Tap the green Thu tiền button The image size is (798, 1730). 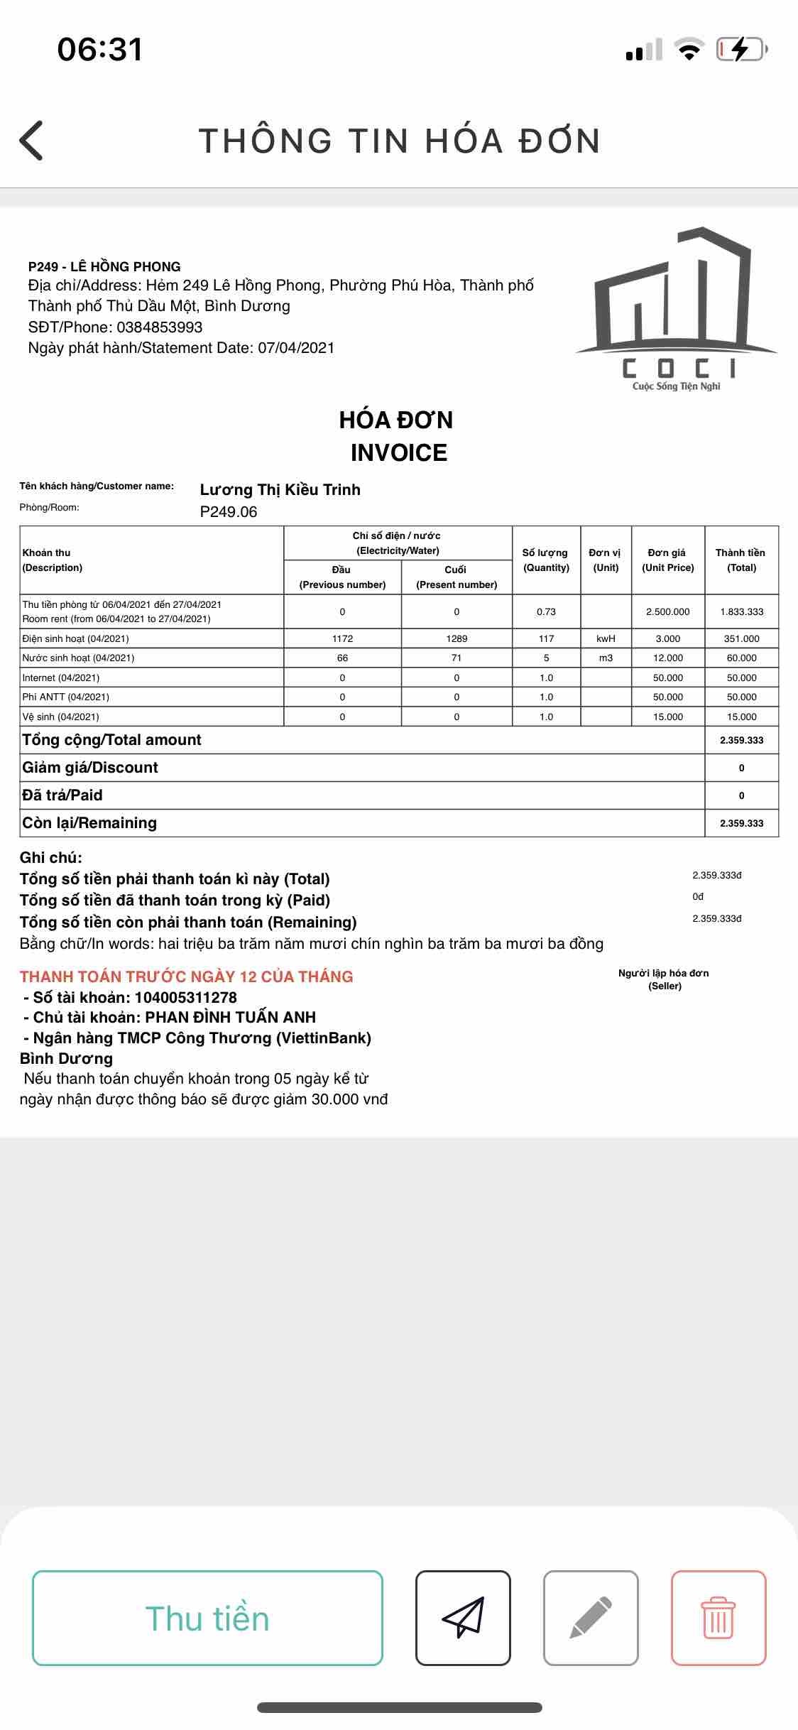(207, 1619)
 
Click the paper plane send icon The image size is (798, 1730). (463, 1619)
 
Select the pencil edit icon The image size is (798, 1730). (591, 1619)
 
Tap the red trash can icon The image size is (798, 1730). (718, 1619)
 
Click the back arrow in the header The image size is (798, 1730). (32, 140)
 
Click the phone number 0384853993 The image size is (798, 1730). (160, 327)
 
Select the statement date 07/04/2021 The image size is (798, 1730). (296, 348)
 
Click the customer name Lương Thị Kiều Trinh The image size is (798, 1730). (280, 489)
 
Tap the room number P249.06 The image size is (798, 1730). (229, 512)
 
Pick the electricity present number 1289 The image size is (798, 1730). (457, 638)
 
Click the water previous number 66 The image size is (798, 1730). (342, 658)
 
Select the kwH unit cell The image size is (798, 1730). (606, 638)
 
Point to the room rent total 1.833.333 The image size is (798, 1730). (741, 611)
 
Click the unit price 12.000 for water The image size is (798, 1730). (667, 658)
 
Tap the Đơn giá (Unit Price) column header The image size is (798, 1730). (667, 560)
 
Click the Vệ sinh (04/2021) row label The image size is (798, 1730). (61, 717)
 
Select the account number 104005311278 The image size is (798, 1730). (185, 997)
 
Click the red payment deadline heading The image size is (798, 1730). (186, 976)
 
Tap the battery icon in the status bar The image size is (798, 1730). (740, 49)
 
